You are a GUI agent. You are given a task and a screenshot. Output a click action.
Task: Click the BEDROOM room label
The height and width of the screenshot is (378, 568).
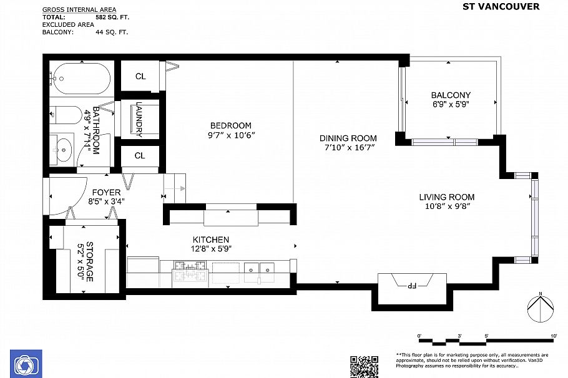[x=230, y=125]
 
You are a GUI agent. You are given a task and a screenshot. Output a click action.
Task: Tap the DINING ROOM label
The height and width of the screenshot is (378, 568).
[x=348, y=138]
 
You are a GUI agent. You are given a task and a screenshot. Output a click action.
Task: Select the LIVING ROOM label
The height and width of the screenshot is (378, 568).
[x=446, y=197]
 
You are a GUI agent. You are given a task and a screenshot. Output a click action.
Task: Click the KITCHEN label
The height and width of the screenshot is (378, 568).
[x=210, y=240]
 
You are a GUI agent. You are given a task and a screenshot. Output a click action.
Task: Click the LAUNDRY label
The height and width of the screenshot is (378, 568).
[x=139, y=120]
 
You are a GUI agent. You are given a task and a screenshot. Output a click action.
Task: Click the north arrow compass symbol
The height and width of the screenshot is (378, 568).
[x=541, y=308]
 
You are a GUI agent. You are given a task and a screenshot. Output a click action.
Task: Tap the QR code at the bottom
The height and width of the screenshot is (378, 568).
[x=364, y=366]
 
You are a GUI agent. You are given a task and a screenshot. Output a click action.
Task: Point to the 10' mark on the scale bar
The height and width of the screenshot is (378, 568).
[x=553, y=336]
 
